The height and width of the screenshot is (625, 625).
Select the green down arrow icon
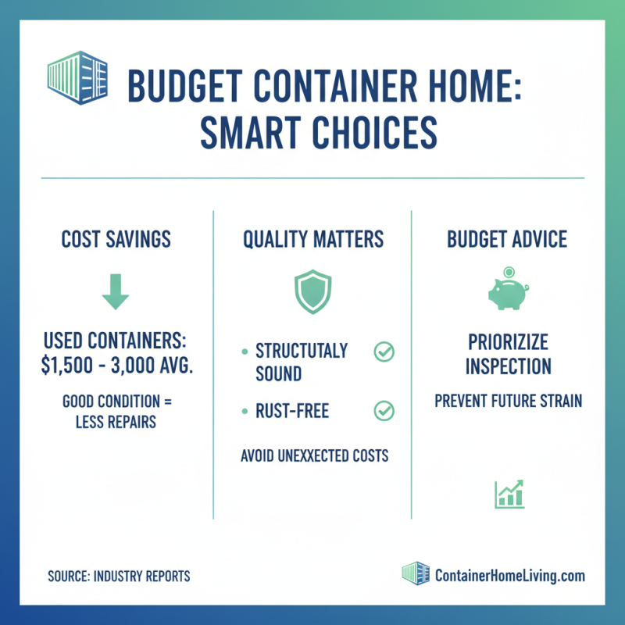pos(116,291)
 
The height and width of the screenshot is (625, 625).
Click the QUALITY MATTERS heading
pos(312,239)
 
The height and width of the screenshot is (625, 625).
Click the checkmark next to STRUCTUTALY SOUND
pos(384,352)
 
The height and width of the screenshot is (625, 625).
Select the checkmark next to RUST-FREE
pos(384,409)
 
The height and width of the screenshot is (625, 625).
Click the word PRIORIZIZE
pos(509,342)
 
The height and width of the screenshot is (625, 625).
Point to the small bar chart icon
pos(509,494)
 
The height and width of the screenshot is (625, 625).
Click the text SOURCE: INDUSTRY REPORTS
pos(119,577)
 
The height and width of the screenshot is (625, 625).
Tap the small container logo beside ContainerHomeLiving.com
pos(416,573)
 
